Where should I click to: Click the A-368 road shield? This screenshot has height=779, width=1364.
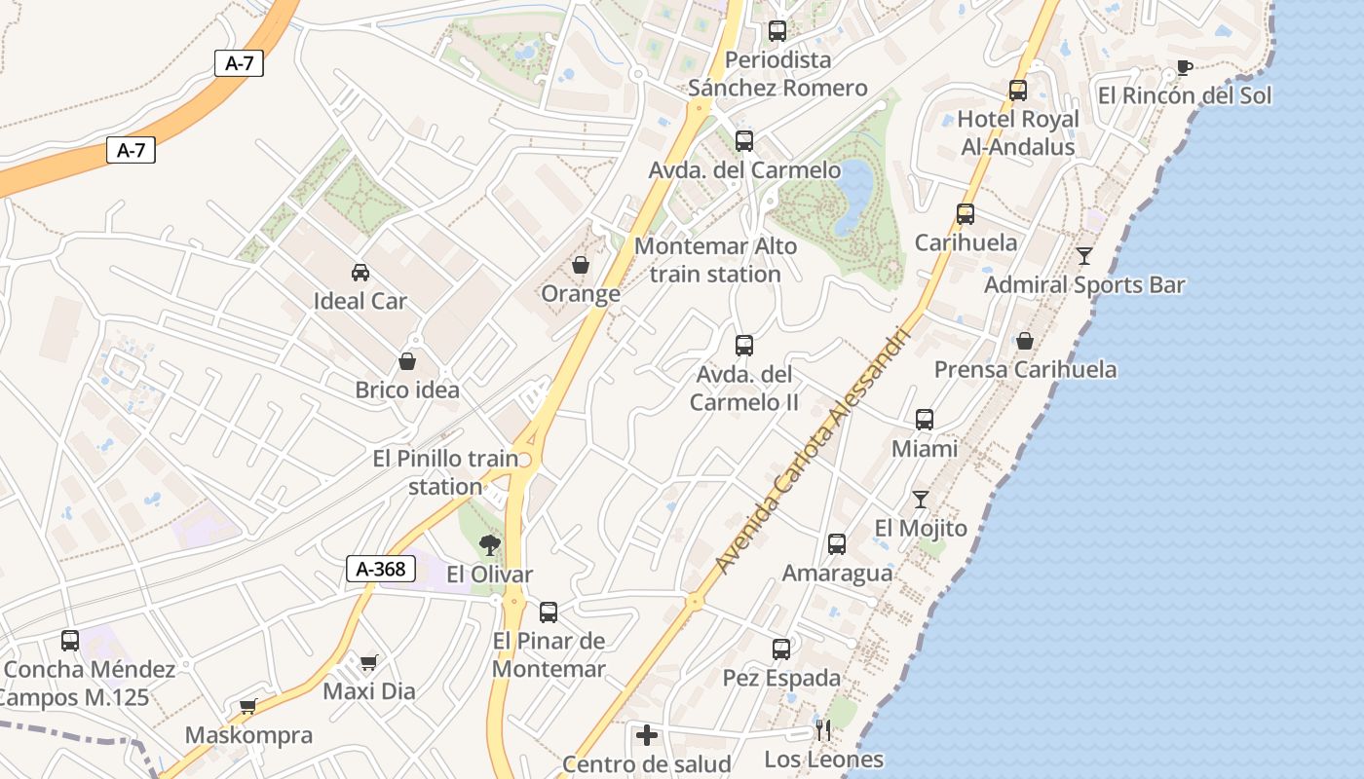pos(381,569)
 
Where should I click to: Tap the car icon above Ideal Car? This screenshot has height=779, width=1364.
pos(360,273)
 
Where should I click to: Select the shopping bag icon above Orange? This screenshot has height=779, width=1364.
pos(581,265)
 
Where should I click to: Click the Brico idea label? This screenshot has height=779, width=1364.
pos(407,390)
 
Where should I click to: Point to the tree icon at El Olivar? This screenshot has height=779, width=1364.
pos(489,545)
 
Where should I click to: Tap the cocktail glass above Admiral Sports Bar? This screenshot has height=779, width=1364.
pos(1084,256)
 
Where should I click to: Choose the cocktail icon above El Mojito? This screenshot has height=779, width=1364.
pos(921,500)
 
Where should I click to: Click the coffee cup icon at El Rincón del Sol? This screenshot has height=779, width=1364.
pos(1184,67)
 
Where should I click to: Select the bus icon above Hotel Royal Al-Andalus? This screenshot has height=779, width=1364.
pos(1018,91)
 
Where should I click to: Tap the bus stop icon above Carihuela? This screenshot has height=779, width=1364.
pos(966,214)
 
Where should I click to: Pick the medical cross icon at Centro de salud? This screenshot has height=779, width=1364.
pos(646,735)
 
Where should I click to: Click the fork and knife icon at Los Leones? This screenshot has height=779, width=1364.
pos(823,730)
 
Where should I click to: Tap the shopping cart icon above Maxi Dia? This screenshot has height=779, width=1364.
pos(368,663)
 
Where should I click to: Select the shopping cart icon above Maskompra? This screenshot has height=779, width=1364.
pos(248,706)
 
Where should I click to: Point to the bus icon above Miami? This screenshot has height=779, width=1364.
pos(925,420)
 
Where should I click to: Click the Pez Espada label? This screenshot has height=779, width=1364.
pos(781,678)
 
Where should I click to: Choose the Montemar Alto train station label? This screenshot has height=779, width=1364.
pos(715,260)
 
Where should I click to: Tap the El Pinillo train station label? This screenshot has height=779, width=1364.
pos(445,472)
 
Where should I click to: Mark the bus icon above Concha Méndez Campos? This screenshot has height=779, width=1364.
pos(70,640)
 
